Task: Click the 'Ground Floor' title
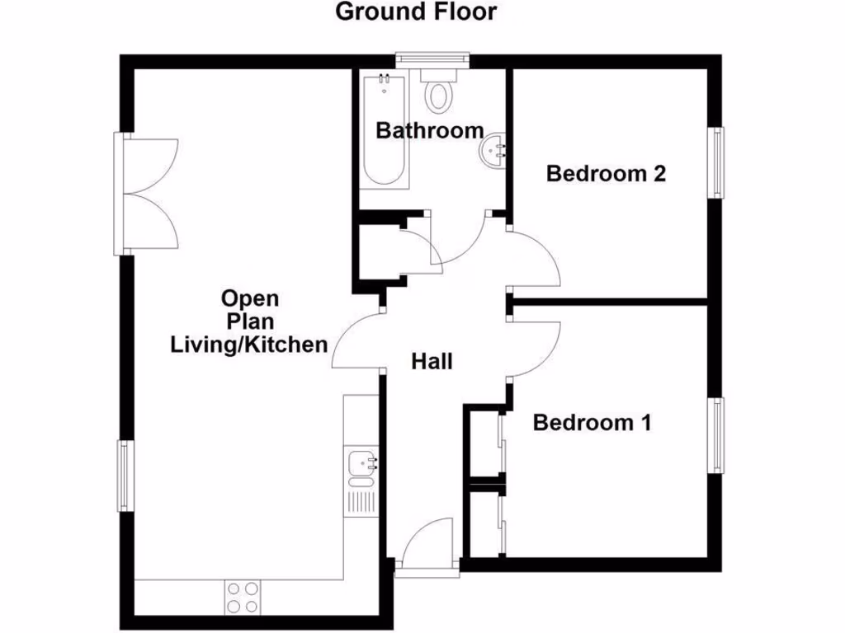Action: [416, 12]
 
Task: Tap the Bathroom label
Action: [429, 130]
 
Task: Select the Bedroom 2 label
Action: [606, 174]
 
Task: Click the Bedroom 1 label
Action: [592, 423]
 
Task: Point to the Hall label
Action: [432, 361]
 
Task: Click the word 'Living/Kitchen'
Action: [248, 344]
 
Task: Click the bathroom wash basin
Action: [495, 150]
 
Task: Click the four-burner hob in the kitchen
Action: [242, 597]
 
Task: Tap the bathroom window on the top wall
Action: [432, 59]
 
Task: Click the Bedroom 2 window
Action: [719, 162]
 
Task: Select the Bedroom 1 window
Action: [719, 435]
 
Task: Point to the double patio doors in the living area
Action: [149, 194]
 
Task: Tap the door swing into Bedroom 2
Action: [536, 260]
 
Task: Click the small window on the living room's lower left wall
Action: [124, 476]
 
